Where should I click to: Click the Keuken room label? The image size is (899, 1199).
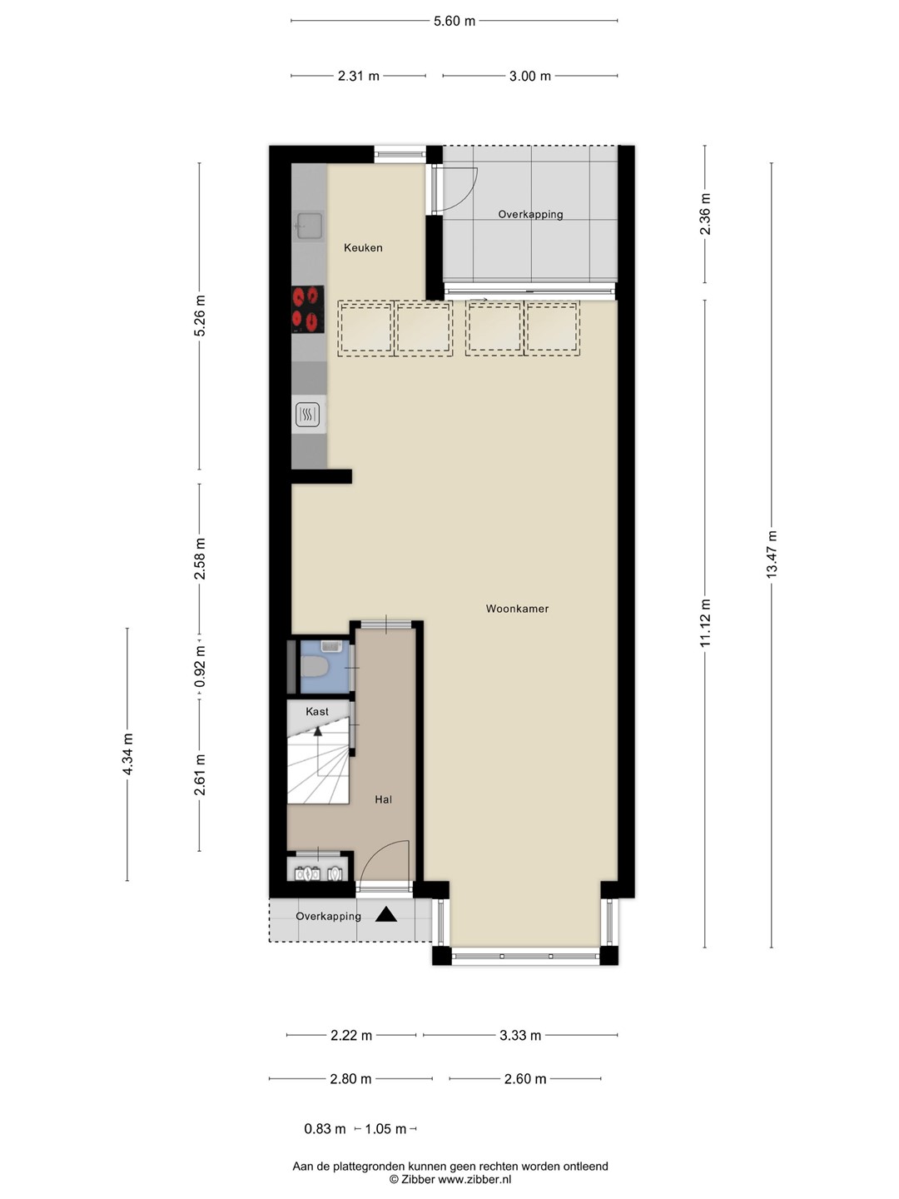click(363, 248)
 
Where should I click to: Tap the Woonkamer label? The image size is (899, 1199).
click(517, 609)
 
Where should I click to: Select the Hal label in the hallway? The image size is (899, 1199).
click(383, 799)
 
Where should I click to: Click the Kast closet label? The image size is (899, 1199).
click(317, 712)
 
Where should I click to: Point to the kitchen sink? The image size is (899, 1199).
click(309, 225)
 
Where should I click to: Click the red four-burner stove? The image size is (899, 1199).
click(308, 310)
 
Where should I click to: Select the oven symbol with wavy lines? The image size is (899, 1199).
click(308, 415)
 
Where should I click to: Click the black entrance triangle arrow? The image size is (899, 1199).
click(386, 914)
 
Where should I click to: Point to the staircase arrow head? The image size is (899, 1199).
click(318, 731)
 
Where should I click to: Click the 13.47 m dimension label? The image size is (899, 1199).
click(772, 554)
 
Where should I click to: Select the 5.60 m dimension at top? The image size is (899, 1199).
click(454, 22)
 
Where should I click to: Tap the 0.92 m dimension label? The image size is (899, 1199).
click(200, 666)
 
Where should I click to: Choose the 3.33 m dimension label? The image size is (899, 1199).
click(520, 1036)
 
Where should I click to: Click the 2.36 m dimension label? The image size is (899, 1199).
click(705, 214)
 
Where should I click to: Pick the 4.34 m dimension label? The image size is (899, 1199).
click(127, 754)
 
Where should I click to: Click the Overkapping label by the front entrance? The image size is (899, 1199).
click(328, 917)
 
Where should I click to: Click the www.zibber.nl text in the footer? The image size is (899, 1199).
click(474, 1179)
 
